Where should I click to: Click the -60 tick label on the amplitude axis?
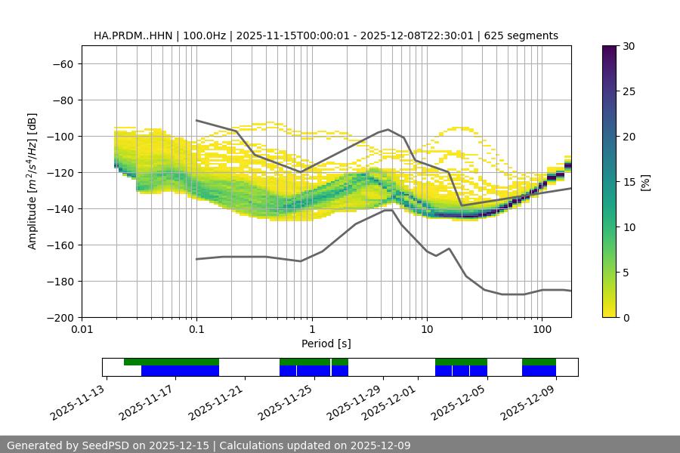pos(62,63)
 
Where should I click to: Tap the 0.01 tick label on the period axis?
pos(82,330)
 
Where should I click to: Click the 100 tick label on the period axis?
pos(542,330)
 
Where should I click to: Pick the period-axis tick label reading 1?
pos(311,330)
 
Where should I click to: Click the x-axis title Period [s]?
pos(326,344)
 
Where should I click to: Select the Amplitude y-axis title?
pos(32,181)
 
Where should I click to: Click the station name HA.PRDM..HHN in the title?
pos(129,35)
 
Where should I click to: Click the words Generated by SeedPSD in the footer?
pos(62,445)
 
